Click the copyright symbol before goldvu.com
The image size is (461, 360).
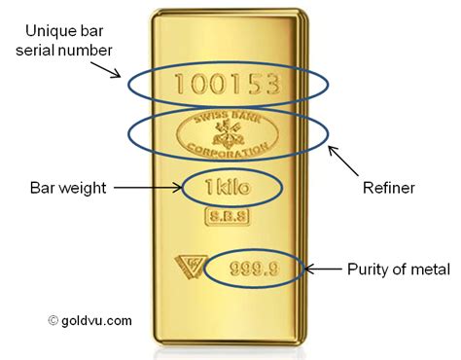(x=53, y=317)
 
